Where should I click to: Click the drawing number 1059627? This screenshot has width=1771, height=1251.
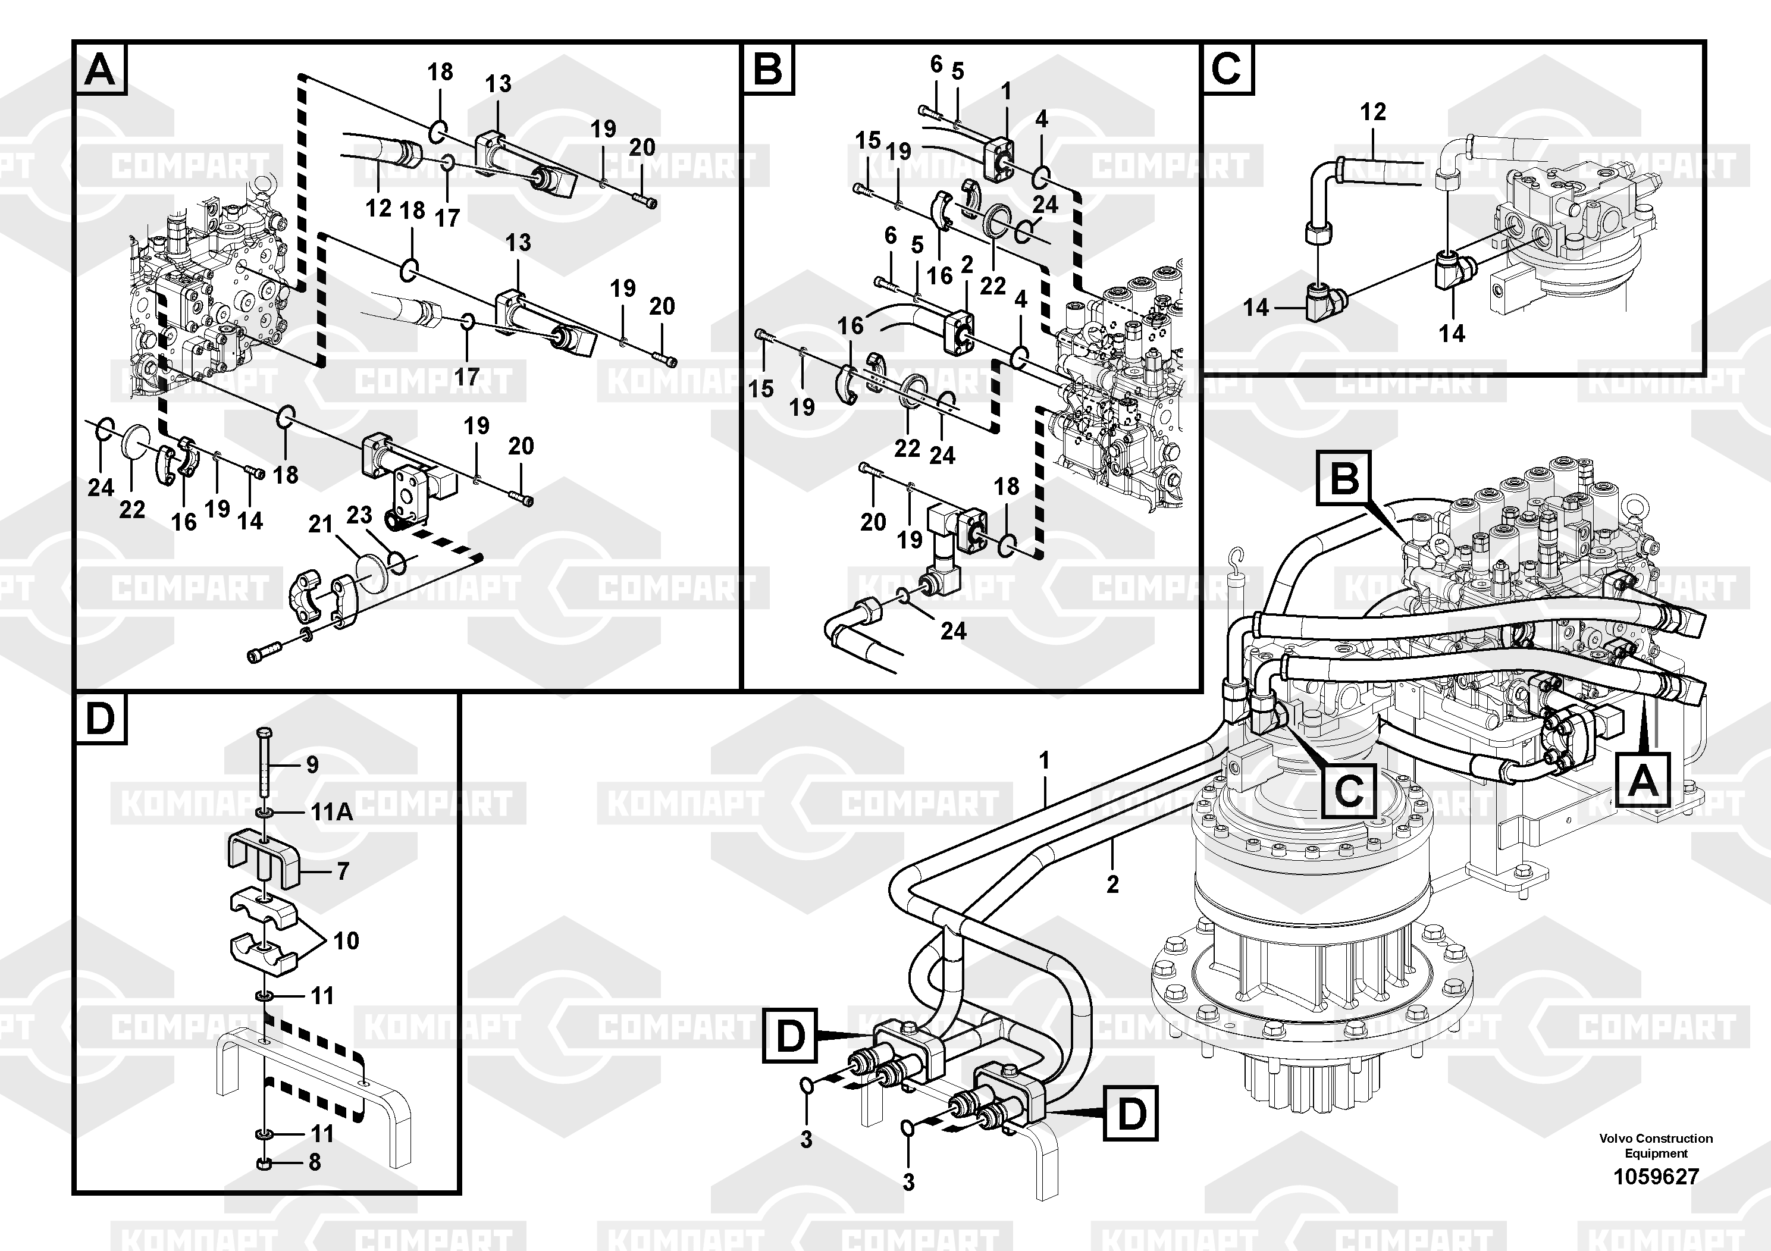pos(1656,1176)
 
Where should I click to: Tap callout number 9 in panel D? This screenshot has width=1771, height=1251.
pos(312,764)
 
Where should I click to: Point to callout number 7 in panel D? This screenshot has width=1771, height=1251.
pos(343,871)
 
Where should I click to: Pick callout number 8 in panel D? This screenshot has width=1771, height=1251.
pos(315,1162)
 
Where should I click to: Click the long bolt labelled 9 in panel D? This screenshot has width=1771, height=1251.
pos(264,764)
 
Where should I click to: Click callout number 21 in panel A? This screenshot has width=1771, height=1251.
pos(321,525)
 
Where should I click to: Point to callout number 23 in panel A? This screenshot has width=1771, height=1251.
pos(359,515)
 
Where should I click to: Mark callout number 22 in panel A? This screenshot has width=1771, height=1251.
pos(132,509)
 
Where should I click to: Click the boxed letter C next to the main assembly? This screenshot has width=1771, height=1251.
pos(1349,791)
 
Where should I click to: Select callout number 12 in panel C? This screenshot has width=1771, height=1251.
pos(1373,112)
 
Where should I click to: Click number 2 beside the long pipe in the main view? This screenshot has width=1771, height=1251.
pos(1112,884)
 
